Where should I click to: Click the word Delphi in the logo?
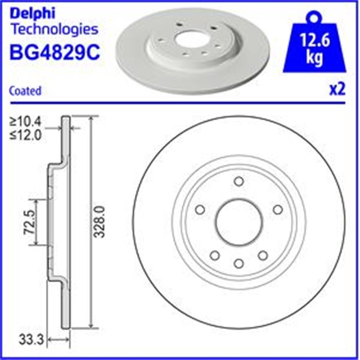tap(33, 13)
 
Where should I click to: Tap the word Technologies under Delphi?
tap(55, 29)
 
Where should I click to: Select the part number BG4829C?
tap(55, 52)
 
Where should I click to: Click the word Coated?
tap(25, 91)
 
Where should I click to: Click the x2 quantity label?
tap(337, 89)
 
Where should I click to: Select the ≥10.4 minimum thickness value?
tap(25, 121)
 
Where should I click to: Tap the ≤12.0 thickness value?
tap(25, 135)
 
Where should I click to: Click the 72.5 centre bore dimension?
tap(29, 222)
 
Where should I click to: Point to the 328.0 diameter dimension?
tap(100, 222)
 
